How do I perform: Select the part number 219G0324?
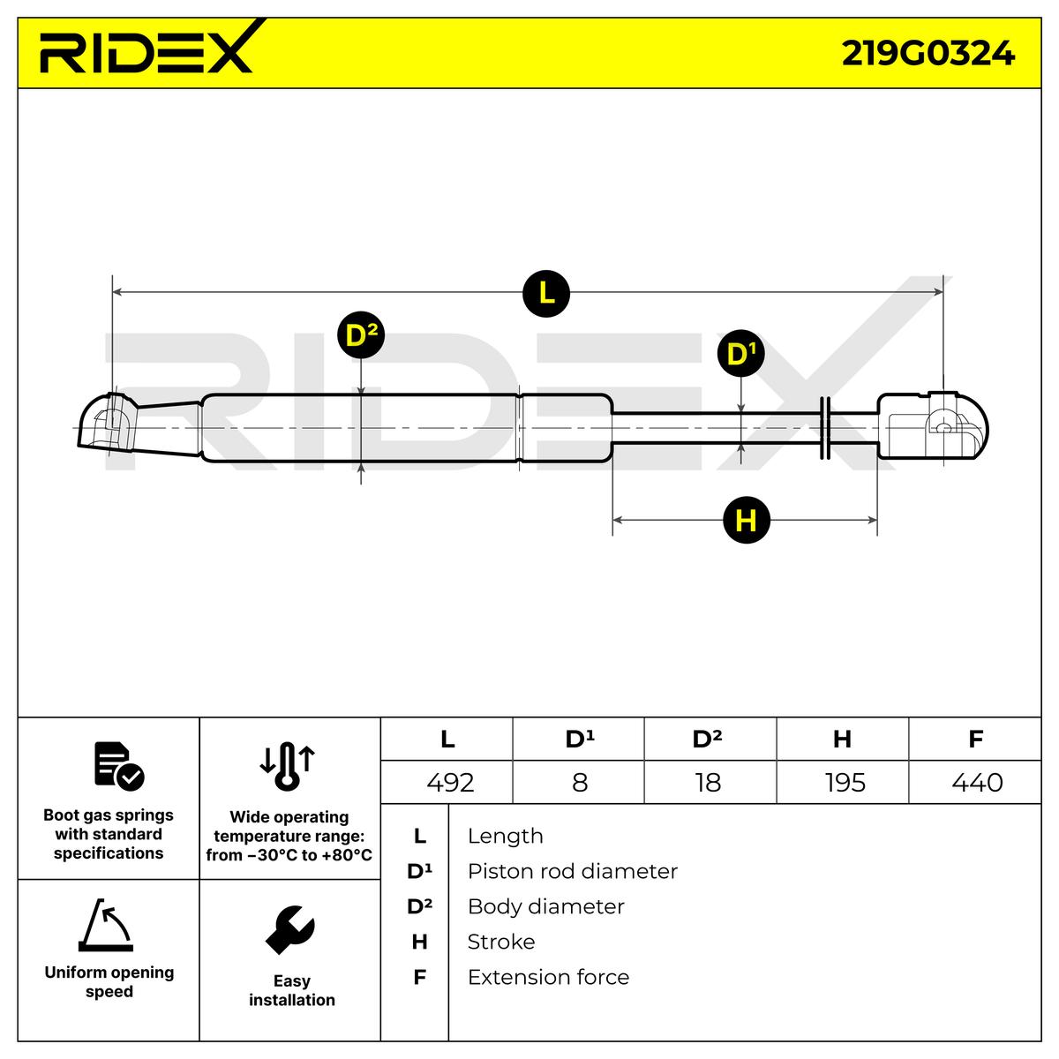coord(928,54)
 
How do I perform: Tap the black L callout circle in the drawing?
coord(546,292)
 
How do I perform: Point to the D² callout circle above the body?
coord(361,335)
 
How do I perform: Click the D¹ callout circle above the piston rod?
coord(740,354)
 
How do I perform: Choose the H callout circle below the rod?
coord(746,521)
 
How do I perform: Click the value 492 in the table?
coord(450,783)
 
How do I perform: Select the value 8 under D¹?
coord(580,783)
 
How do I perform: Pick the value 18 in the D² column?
coord(708,783)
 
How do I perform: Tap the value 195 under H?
coord(845,783)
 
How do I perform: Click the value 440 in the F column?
coord(977,783)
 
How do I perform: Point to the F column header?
coord(975,739)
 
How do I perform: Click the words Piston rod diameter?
coord(572,872)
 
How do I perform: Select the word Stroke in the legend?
coord(500,943)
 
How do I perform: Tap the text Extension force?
coord(548,978)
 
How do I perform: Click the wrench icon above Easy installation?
coord(289,929)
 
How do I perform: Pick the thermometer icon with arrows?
coord(288,765)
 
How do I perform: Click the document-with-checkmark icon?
coord(118,766)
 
